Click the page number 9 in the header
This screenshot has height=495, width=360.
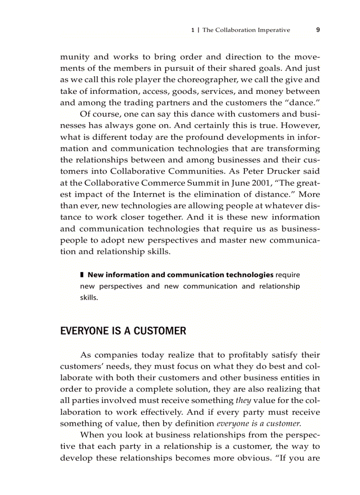(318, 30)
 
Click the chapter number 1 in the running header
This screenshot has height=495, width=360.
(192, 30)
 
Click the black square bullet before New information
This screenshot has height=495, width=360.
(82, 275)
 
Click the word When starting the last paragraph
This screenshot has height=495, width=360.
(91, 435)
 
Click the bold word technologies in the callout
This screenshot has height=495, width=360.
(249, 275)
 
